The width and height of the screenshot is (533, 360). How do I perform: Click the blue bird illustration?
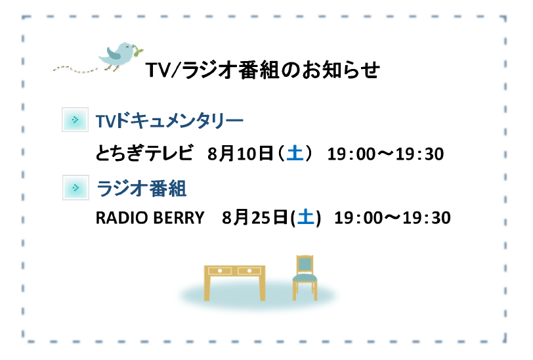tap(119, 56)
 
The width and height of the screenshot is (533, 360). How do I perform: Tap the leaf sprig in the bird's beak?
tap(138, 51)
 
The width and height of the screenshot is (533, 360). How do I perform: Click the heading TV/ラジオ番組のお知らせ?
tap(263, 70)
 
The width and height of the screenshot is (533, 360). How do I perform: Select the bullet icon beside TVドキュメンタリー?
tap(75, 120)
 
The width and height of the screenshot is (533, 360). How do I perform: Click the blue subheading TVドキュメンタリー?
tap(169, 120)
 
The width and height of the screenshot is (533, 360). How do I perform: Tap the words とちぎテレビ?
tap(144, 153)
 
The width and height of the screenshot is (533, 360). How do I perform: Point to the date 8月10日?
tap(241, 153)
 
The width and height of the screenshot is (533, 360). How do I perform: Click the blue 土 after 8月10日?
tap(295, 153)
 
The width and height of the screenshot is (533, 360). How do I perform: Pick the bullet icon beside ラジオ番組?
tap(75, 187)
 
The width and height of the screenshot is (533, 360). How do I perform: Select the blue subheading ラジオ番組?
tap(141, 188)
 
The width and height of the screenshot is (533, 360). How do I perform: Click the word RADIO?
tap(121, 217)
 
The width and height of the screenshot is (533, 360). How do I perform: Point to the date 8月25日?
tap(255, 217)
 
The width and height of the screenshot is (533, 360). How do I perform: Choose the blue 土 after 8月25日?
tap(306, 217)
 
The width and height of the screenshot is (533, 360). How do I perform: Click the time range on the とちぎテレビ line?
tap(385, 154)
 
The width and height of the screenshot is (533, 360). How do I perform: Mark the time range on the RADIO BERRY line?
tap(393, 217)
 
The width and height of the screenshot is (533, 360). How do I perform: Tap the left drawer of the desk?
tap(220, 271)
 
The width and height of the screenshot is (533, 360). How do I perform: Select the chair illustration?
tap(305, 278)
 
